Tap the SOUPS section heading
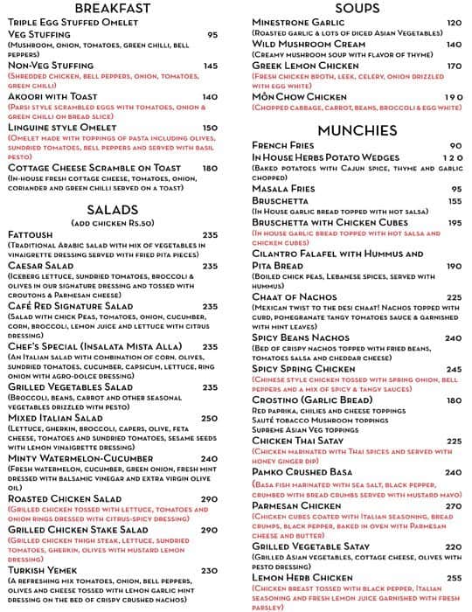click(357, 8)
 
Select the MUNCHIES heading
click(357, 131)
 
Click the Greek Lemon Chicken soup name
click(305, 66)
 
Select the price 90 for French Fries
click(455, 146)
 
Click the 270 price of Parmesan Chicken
click(453, 504)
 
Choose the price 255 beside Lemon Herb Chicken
click(453, 578)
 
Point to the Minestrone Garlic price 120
click(454, 23)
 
